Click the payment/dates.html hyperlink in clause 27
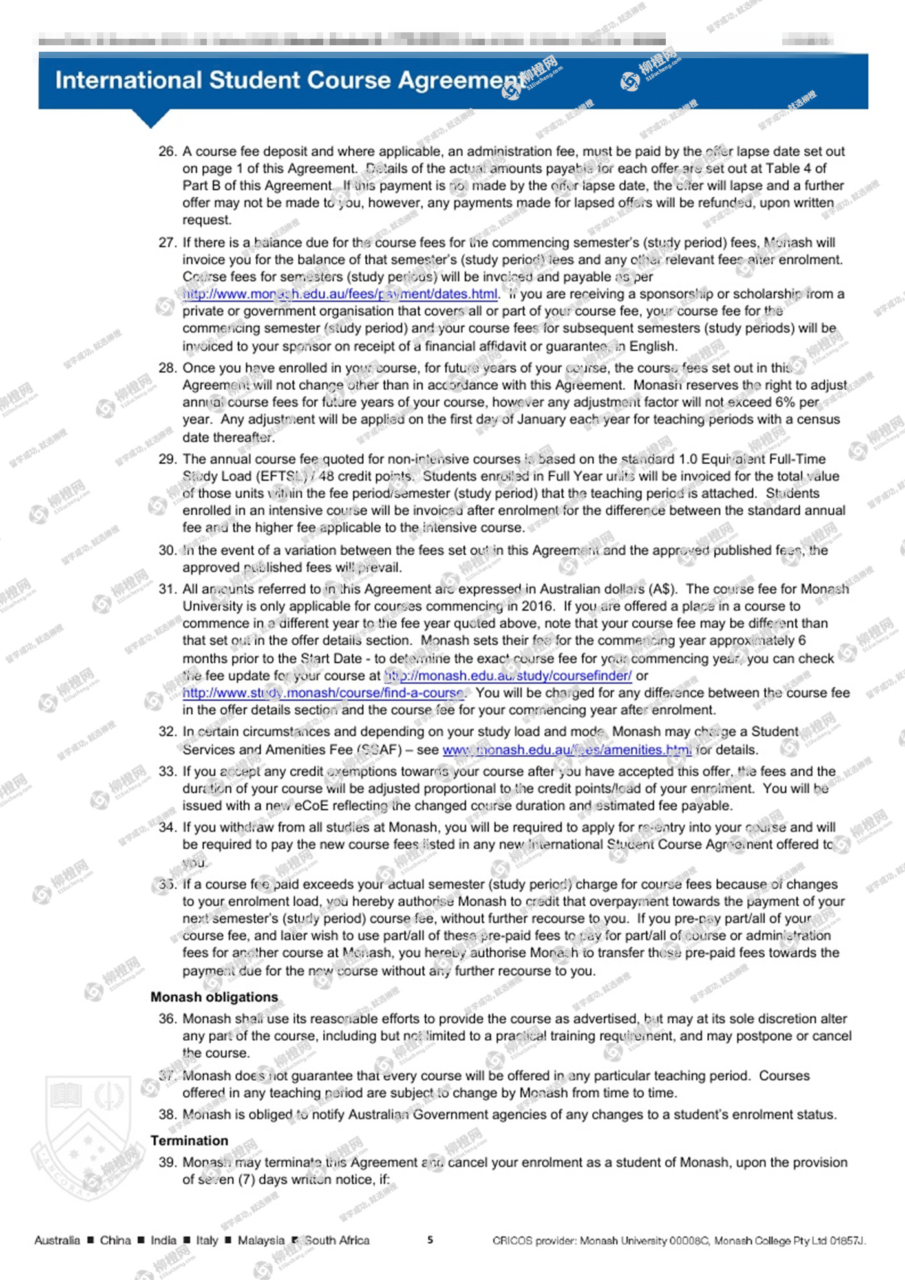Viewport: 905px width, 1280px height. [x=341, y=294]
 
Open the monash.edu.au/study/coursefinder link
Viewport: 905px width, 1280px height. [x=508, y=676]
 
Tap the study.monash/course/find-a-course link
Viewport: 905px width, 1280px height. [x=323, y=693]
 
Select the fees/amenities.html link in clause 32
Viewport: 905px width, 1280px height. [x=567, y=750]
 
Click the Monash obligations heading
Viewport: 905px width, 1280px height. [x=214, y=997]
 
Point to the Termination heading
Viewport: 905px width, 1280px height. [x=189, y=1140]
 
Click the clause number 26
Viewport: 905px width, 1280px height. [x=167, y=151]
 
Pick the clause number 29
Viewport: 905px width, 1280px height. [x=167, y=459]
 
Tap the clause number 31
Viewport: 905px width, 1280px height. [x=167, y=589]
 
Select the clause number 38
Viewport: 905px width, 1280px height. [x=167, y=1115]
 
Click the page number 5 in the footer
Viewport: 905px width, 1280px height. [x=431, y=1240]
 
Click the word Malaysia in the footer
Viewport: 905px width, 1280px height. [x=261, y=1240]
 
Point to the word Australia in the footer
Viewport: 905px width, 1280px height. [x=58, y=1240]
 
